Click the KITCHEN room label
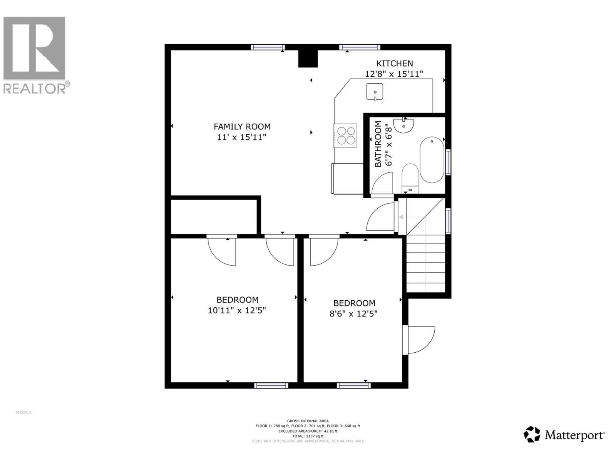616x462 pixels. pyautogui.click(x=394, y=64)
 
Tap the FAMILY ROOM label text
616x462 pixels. pyautogui.click(x=242, y=126)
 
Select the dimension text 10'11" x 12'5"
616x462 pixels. pyautogui.click(x=237, y=310)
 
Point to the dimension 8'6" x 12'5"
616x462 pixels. pyautogui.click(x=353, y=314)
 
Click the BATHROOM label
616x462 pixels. pyautogui.click(x=378, y=144)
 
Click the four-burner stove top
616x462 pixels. pyautogui.click(x=345, y=136)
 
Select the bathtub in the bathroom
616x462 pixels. pyautogui.click(x=432, y=159)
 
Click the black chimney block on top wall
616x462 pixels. pyautogui.click(x=308, y=59)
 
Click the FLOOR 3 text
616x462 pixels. pyautogui.click(x=23, y=413)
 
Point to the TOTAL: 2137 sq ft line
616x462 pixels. pyautogui.click(x=308, y=436)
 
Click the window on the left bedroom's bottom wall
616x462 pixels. pyautogui.click(x=271, y=385)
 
